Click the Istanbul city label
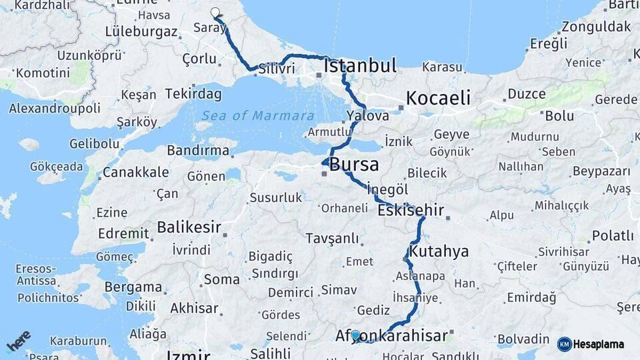click(360, 65)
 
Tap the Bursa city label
click(354, 164)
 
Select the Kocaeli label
click(438, 98)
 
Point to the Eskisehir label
click(411, 211)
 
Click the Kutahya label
click(439, 252)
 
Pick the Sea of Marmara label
click(258, 115)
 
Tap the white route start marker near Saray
click(215, 12)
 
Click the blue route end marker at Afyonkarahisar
click(355, 335)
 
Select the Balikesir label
click(189, 227)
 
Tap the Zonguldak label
click(596, 27)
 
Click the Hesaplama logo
click(591, 344)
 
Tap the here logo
click(19, 341)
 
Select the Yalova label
click(367, 116)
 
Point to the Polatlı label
click(612, 235)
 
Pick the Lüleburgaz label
click(141, 31)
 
